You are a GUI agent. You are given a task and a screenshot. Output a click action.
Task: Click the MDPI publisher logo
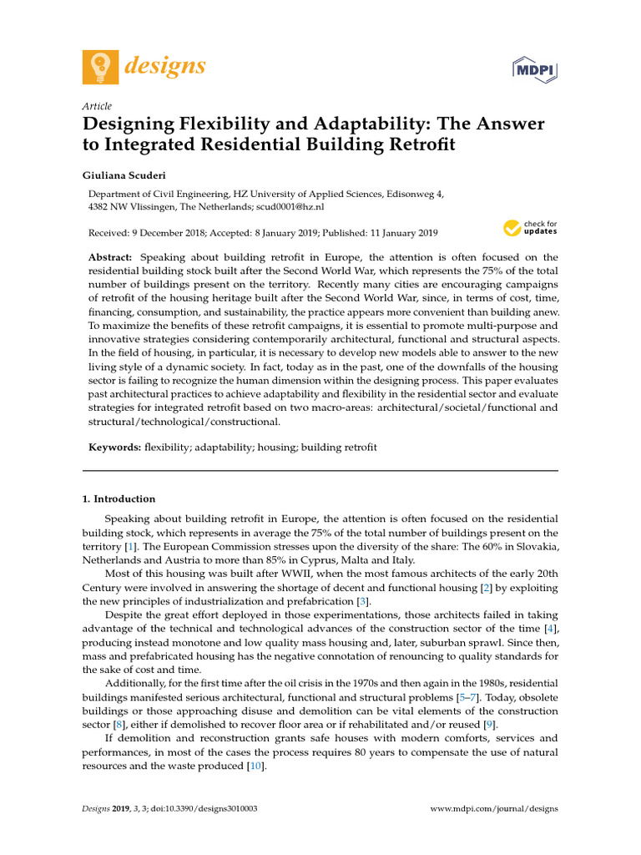tap(534, 70)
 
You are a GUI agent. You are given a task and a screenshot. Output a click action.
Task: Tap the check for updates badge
tap(530, 228)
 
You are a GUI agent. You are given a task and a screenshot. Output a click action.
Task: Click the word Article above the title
tap(97, 106)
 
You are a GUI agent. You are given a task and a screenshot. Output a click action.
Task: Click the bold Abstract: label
tap(112, 257)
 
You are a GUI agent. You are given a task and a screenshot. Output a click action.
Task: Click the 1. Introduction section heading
tap(119, 498)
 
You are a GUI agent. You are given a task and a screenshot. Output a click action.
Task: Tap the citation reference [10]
tap(256, 766)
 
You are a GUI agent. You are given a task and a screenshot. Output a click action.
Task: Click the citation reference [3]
tap(362, 601)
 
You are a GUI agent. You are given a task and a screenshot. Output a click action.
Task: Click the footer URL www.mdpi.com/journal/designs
tap(494, 809)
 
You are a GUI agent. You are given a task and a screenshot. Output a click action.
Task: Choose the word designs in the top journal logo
tap(165, 65)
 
